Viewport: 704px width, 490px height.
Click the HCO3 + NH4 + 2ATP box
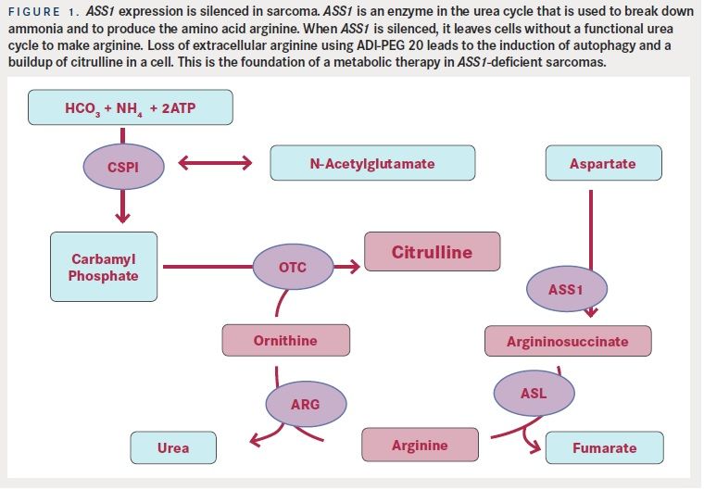129,108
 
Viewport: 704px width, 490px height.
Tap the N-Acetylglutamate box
372,163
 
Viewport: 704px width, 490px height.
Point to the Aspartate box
603,163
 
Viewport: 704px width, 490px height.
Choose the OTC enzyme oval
292,267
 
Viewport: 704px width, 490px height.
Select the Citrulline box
432,252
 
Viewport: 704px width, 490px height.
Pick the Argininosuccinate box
567,341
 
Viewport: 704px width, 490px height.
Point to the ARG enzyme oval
305,403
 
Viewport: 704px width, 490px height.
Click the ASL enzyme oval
533,393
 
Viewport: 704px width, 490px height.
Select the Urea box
173,447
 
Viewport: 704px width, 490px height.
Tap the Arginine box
420,446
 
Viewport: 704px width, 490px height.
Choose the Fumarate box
604,447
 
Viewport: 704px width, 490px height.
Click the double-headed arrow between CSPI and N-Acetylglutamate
214,164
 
